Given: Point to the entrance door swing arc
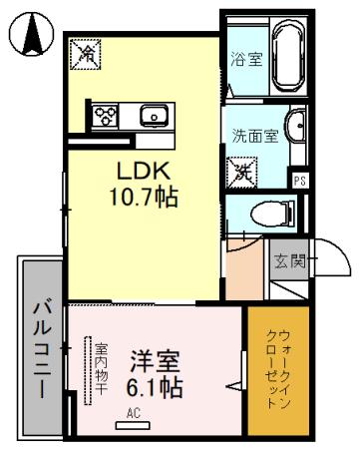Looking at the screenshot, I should pos(333,265).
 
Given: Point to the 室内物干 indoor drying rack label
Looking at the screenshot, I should pos(100,368).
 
